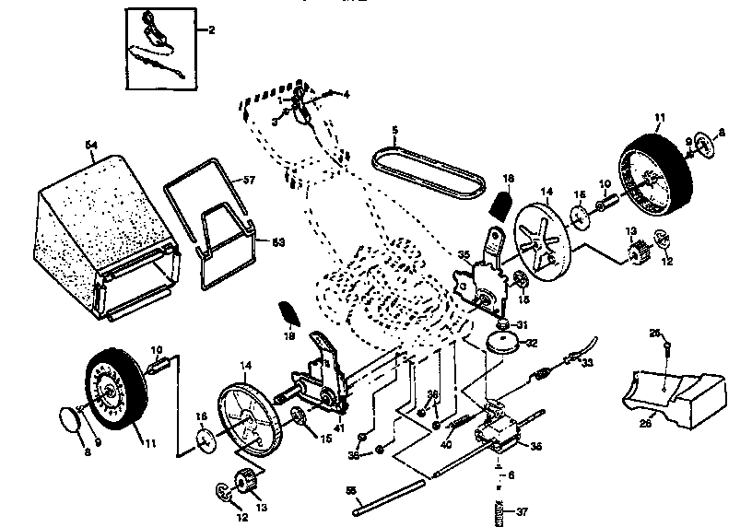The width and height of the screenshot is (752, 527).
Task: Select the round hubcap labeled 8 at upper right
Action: (x=704, y=146)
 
